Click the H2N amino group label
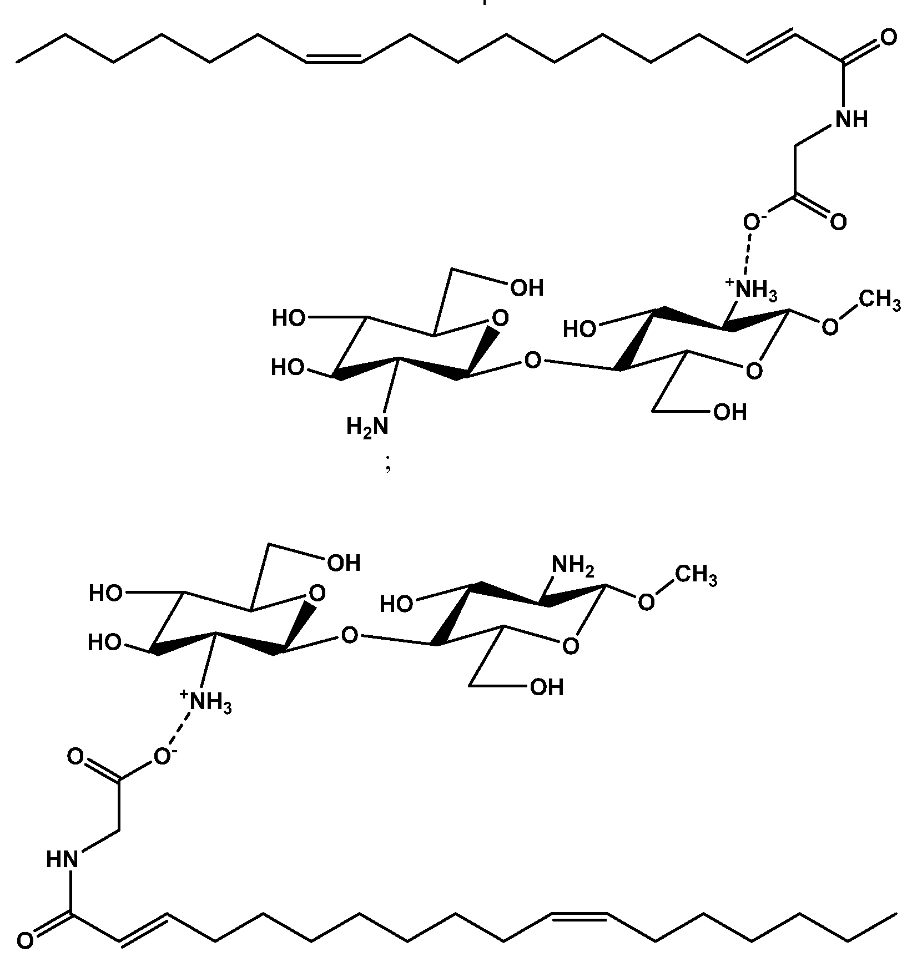pyautogui.click(x=367, y=427)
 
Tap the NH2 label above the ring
pyautogui.click(x=573, y=566)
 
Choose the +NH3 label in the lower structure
pyautogui.click(x=205, y=702)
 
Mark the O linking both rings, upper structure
pyautogui.click(x=532, y=361)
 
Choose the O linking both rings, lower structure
pyautogui.click(x=349, y=635)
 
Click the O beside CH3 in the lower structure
pyautogui.click(x=646, y=602)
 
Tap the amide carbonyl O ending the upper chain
pyautogui.click(x=888, y=38)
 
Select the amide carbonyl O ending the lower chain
pyautogui.click(x=24, y=941)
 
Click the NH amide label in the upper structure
pyautogui.click(x=851, y=119)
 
